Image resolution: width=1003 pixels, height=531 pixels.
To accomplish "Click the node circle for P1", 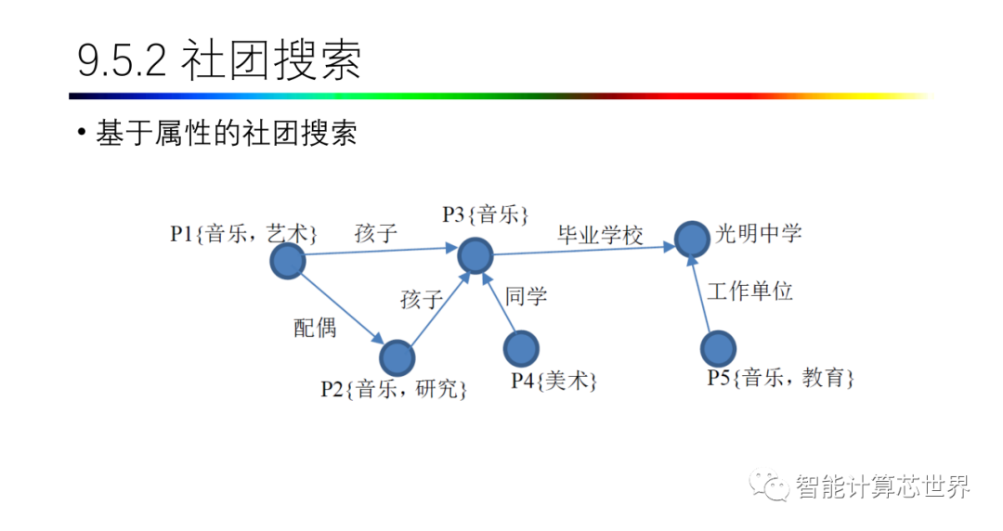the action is click(287, 261).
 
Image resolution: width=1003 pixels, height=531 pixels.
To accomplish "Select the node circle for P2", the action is click(397, 357).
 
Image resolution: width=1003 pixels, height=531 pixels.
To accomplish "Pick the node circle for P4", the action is click(520, 348).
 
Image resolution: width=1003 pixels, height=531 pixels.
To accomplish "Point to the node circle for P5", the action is click(718, 348).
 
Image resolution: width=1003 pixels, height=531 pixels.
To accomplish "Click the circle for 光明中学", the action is click(692, 239).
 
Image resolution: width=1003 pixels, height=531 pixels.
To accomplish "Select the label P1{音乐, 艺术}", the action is click(244, 233).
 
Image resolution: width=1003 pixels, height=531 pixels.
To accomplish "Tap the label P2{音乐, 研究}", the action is click(394, 388).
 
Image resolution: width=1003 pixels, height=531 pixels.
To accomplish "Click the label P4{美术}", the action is click(554, 381).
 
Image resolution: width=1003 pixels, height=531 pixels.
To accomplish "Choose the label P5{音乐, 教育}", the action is click(780, 378).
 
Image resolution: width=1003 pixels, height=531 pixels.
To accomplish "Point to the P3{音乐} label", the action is click(485, 215).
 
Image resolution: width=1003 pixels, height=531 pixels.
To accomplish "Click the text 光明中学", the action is click(758, 233).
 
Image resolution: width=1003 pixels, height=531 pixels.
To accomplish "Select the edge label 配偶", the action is click(316, 327).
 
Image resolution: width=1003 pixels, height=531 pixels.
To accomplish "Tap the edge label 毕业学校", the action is click(600, 235).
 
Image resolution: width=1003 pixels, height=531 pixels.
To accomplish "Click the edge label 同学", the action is click(527, 297).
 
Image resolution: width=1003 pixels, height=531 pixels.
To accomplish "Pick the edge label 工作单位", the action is click(749, 291).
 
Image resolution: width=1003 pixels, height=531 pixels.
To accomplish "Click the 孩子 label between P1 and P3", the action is click(375, 234).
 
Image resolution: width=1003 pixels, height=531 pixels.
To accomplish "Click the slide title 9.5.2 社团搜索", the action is click(219, 61).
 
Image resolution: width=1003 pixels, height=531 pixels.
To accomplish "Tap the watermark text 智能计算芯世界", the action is click(881, 486).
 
